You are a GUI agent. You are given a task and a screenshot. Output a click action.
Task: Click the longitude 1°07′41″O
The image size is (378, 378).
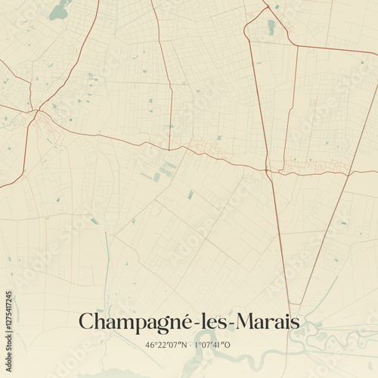pyautogui.click(x=212, y=345)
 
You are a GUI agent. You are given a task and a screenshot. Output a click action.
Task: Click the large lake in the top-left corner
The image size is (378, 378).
pyautogui.click(x=59, y=11)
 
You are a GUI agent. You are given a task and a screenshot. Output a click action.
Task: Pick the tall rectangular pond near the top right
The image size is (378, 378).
pyautogui.click(x=271, y=27)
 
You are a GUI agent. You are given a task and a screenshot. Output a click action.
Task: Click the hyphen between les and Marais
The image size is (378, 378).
pyautogui.click(x=231, y=324)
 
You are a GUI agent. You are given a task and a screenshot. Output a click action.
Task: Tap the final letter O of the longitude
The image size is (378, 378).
pyautogui.click(x=228, y=345)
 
